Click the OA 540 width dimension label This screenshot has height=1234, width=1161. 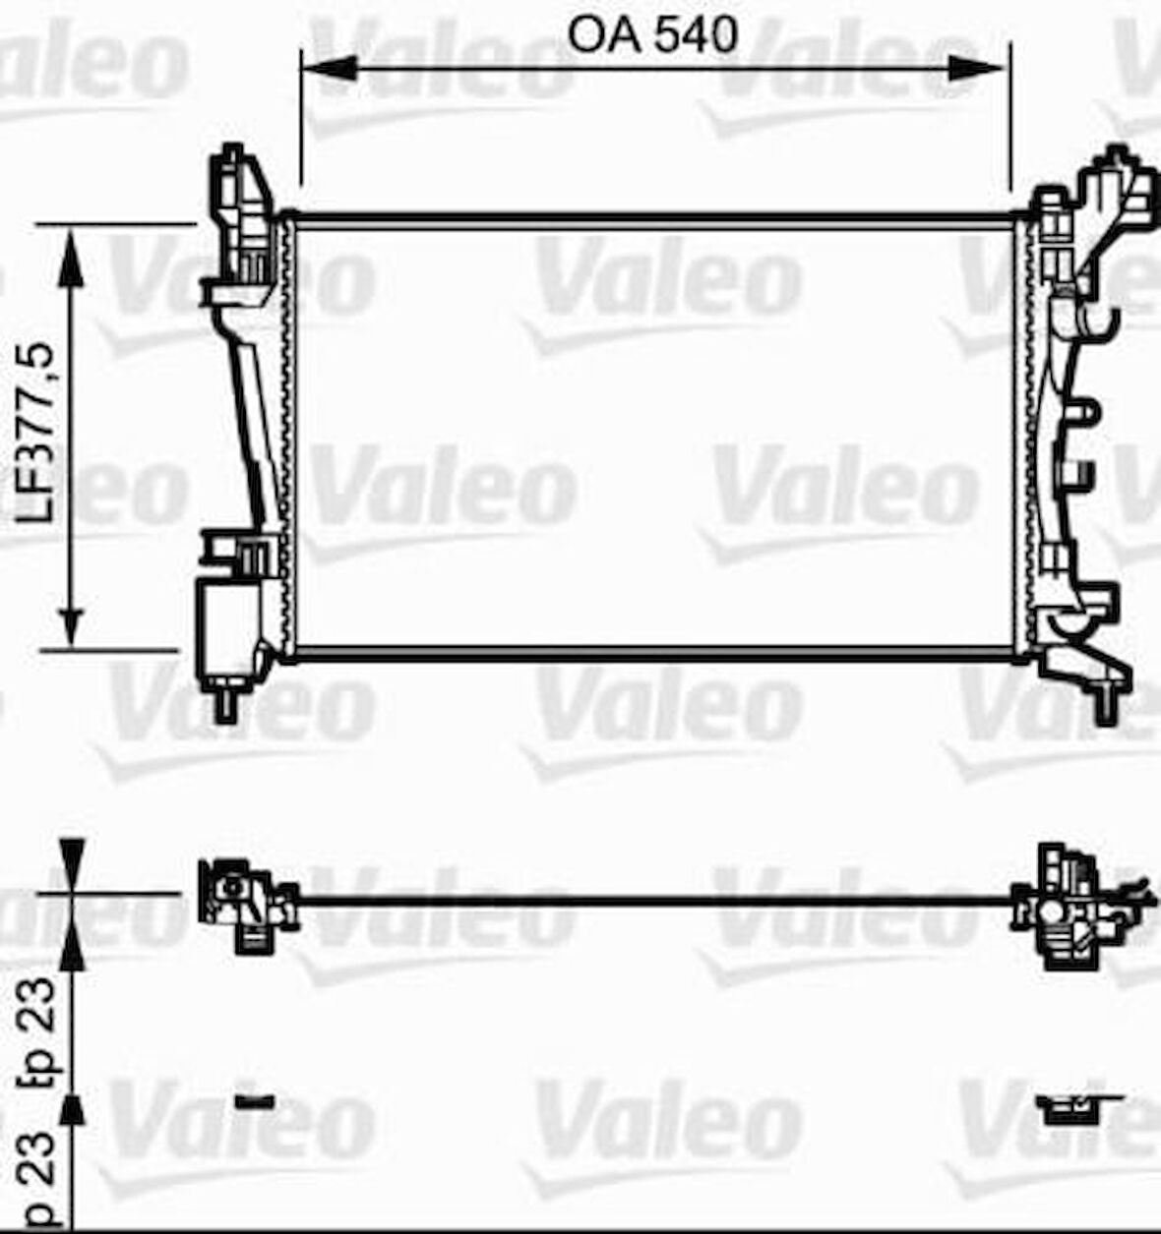(652, 35)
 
